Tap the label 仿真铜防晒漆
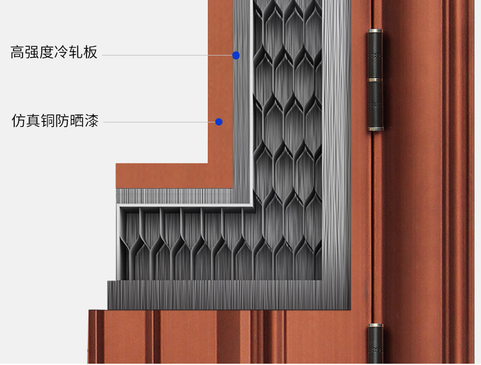tap(55, 120)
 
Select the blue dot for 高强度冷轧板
tap(236, 56)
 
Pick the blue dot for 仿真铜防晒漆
tap(219, 122)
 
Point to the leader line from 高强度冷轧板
tap(167, 56)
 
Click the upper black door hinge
tap(375, 81)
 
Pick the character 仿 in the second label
tap(19, 120)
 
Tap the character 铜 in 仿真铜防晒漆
tap(48, 120)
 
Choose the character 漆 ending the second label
tap(92, 120)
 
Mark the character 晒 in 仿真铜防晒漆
tap(77, 120)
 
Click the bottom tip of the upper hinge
tap(375, 129)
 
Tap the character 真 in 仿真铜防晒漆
tap(33, 120)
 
